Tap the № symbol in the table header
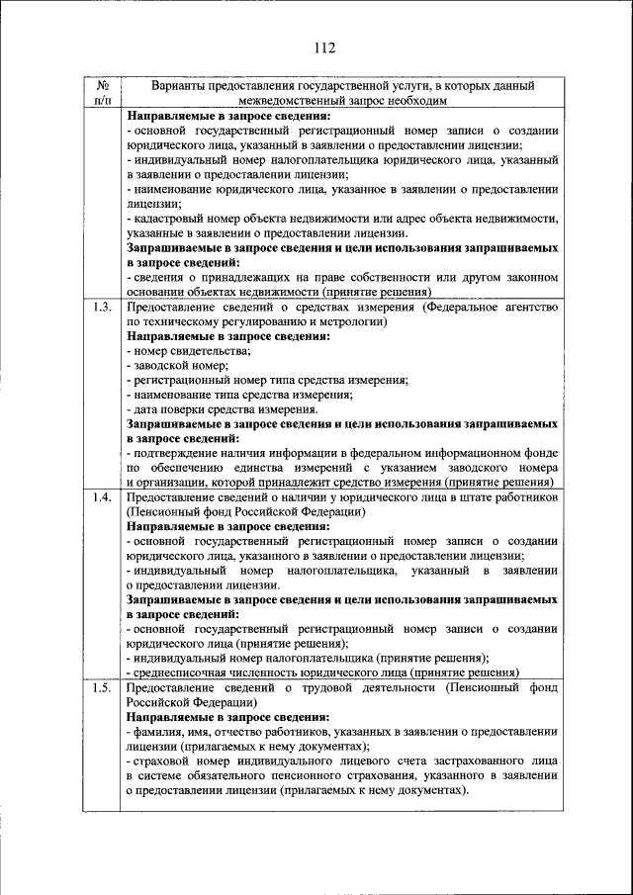tap(101, 86)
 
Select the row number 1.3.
tap(101, 308)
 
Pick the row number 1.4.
tap(101, 497)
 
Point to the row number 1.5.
tap(101, 687)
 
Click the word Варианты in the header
tap(183, 86)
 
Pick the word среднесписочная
tap(180, 671)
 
